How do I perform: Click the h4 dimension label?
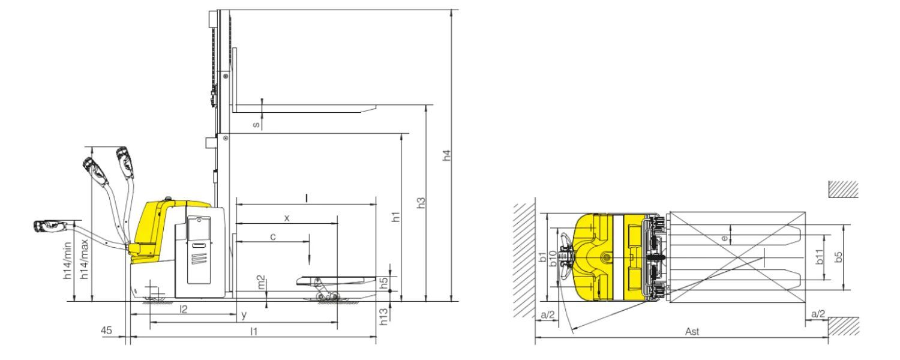point(447,155)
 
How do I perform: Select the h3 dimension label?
point(421,203)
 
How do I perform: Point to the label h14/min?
point(67,261)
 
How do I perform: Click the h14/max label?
point(85,260)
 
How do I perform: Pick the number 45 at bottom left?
point(106,330)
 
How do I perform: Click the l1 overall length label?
point(254,331)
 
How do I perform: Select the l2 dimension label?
point(183,310)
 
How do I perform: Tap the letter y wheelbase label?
point(244,314)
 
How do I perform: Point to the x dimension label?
point(287,218)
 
